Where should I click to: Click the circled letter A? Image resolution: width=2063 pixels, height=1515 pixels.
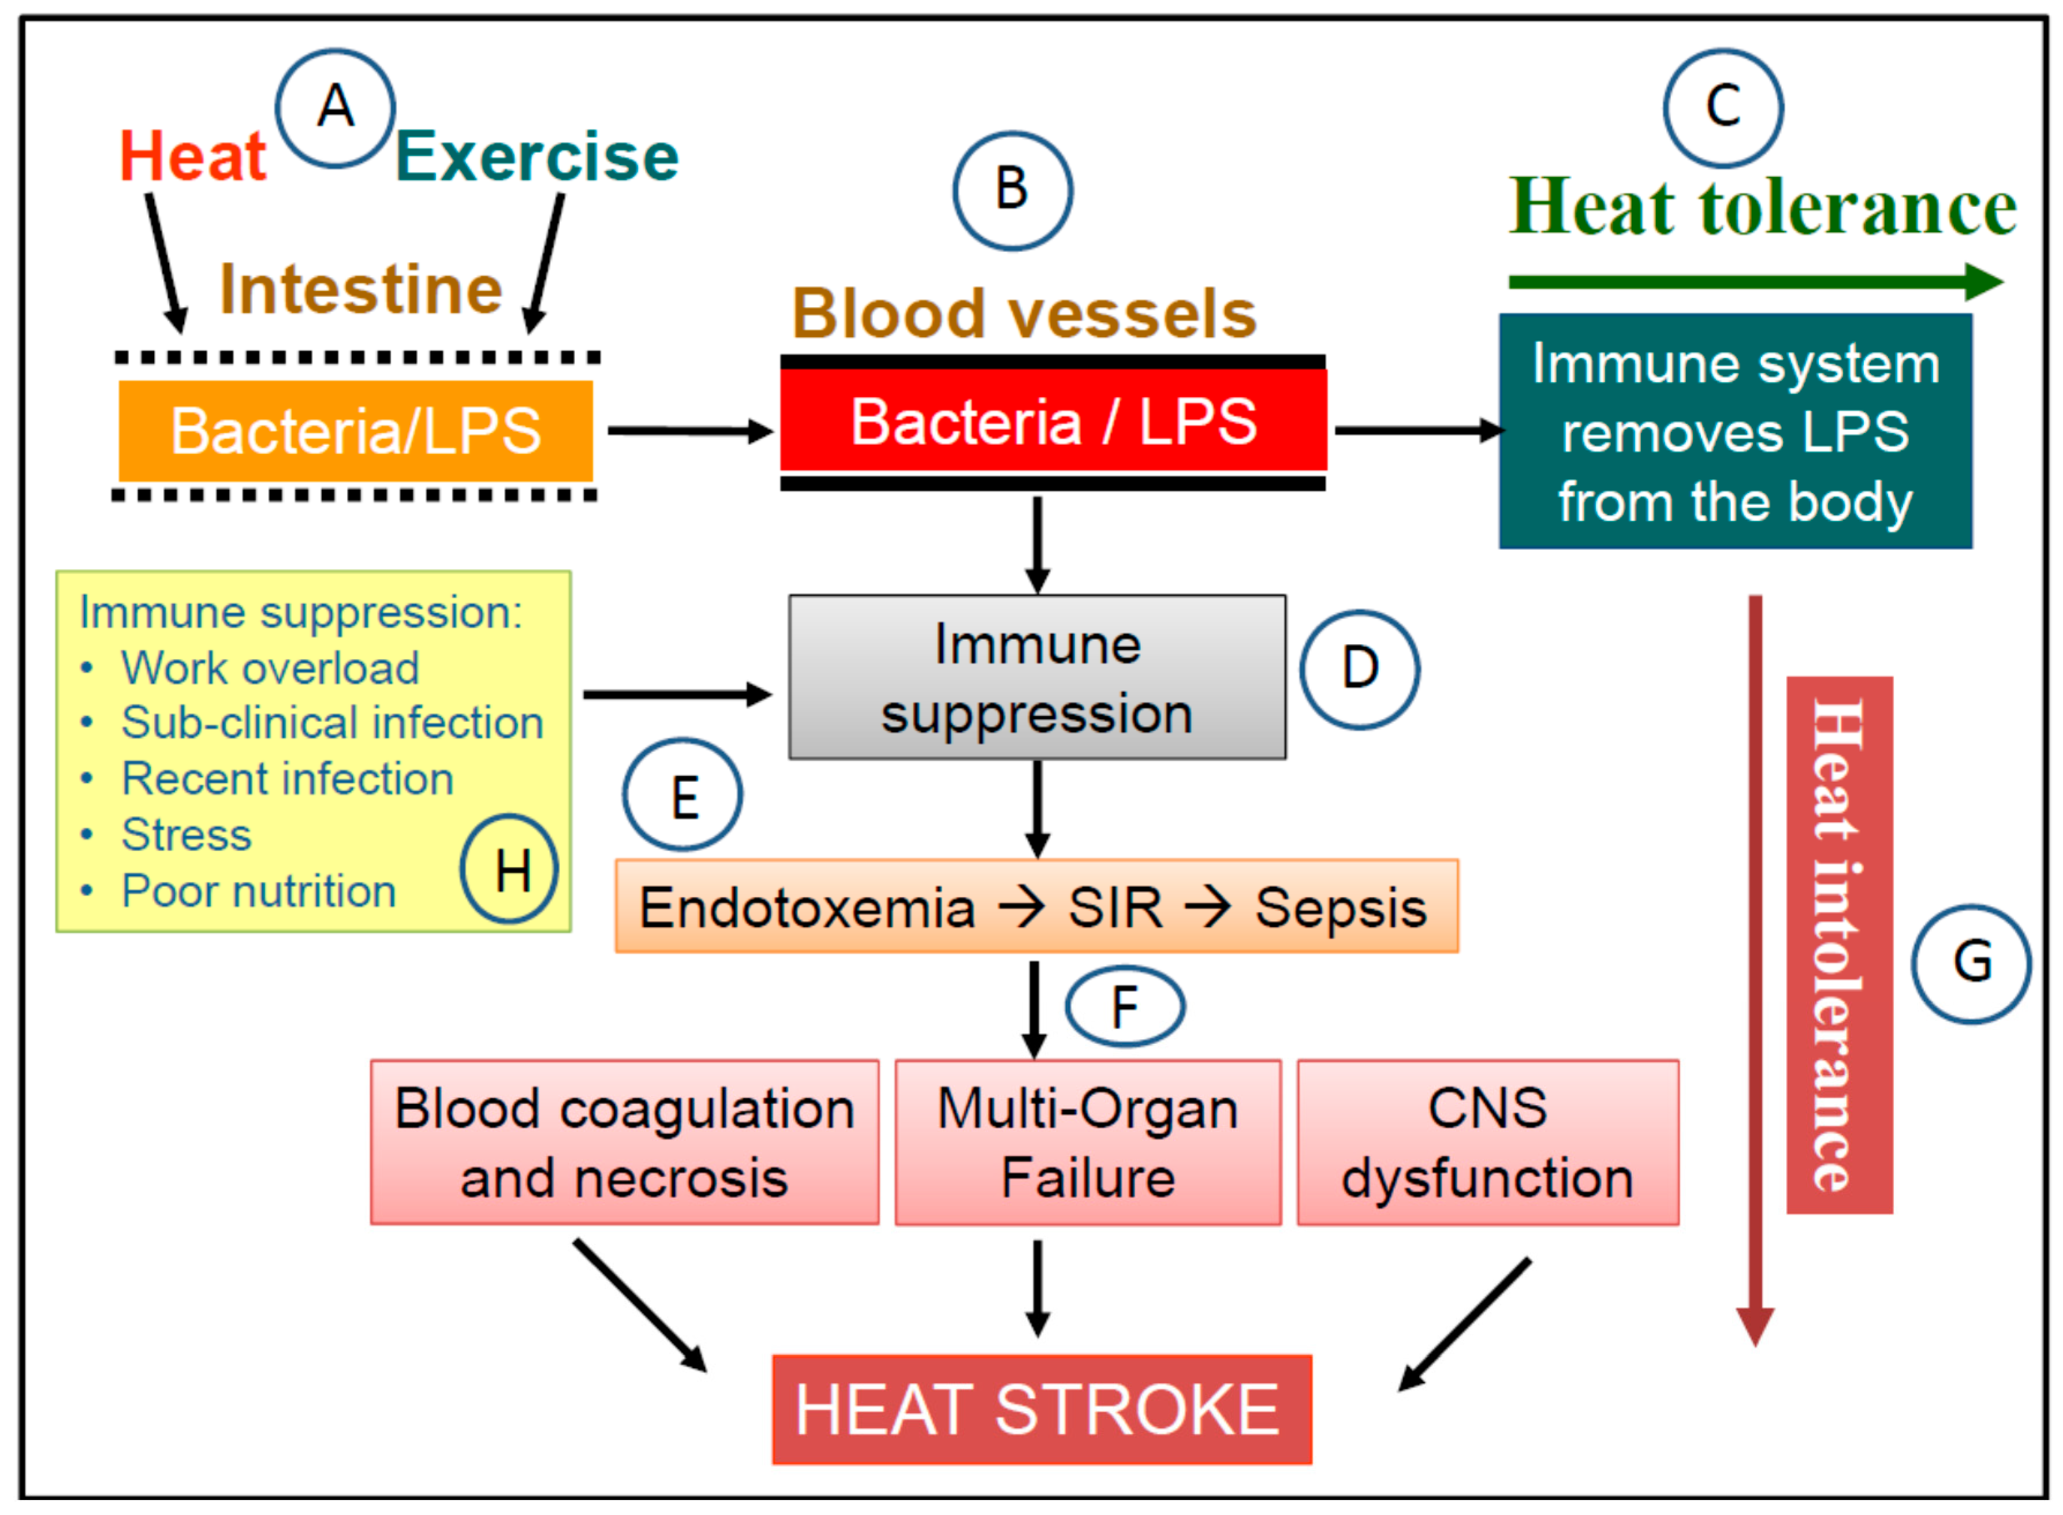[x=335, y=107]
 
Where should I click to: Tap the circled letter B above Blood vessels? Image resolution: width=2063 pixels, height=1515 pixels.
[x=1012, y=190]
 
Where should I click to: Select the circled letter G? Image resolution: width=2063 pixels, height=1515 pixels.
[x=1971, y=963]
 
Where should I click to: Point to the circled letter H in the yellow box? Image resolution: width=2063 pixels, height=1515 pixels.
[x=510, y=868]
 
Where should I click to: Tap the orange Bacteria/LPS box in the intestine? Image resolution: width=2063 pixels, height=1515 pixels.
[x=356, y=430]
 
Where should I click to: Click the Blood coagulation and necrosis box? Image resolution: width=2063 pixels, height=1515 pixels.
[x=624, y=1142]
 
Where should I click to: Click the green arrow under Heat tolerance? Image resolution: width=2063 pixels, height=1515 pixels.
[x=1751, y=282]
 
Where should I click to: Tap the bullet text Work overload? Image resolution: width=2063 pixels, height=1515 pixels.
[x=270, y=667]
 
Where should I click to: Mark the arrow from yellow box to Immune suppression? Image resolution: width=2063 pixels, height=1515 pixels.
[x=677, y=694]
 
